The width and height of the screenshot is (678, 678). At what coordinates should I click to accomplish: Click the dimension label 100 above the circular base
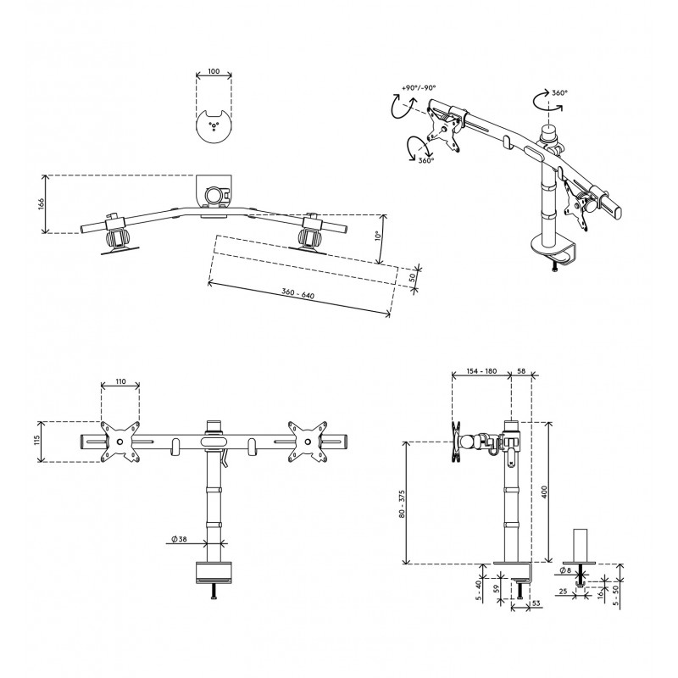point(214,71)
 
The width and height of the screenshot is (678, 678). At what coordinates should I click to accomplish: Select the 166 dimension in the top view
point(41,203)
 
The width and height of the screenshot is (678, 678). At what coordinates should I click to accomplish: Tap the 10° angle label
point(377,236)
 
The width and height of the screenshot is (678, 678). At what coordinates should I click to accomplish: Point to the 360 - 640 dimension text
point(298,293)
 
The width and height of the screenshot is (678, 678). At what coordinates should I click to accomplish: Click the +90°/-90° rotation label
point(419,88)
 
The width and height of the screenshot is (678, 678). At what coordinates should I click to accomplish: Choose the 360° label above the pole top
point(559,92)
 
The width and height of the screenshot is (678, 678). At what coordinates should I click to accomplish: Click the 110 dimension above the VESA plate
point(120,381)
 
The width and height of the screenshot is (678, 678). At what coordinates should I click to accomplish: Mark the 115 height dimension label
point(37,440)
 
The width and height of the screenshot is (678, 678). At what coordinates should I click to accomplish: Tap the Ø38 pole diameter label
point(179,539)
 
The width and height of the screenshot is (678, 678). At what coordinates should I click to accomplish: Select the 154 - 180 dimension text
point(481,371)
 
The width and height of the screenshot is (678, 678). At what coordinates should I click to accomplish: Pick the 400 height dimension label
point(544,492)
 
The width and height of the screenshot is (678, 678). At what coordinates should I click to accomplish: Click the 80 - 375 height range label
point(402,504)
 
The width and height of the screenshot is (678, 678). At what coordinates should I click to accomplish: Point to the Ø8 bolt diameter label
point(565,570)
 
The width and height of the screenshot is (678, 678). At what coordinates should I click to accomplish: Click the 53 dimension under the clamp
point(536,603)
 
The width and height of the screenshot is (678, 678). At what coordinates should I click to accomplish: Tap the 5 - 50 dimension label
point(616,595)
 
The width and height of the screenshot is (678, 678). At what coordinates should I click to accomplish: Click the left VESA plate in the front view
point(120,442)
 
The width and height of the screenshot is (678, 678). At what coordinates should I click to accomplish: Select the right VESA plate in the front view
point(308,442)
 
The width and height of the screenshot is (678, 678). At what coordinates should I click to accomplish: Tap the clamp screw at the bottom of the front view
point(214,591)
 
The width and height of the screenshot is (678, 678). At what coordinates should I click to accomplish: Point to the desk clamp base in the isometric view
point(554,250)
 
